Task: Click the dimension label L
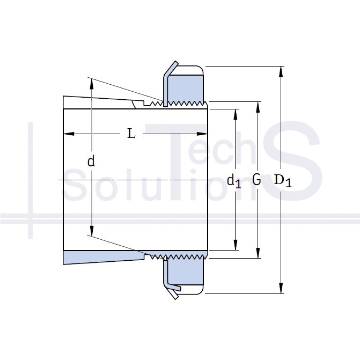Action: [x=131, y=134]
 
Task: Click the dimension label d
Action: [x=91, y=161]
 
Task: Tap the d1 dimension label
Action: [x=234, y=181]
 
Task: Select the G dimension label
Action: [x=256, y=179]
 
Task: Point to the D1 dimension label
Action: [x=283, y=180]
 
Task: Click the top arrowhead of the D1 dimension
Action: [x=281, y=71]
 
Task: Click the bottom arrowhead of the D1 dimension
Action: [x=281, y=288]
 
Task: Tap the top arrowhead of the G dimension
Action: [x=258, y=107]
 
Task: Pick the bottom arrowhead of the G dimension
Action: [x=258, y=253]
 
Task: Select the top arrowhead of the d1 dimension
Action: [x=236, y=114]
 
